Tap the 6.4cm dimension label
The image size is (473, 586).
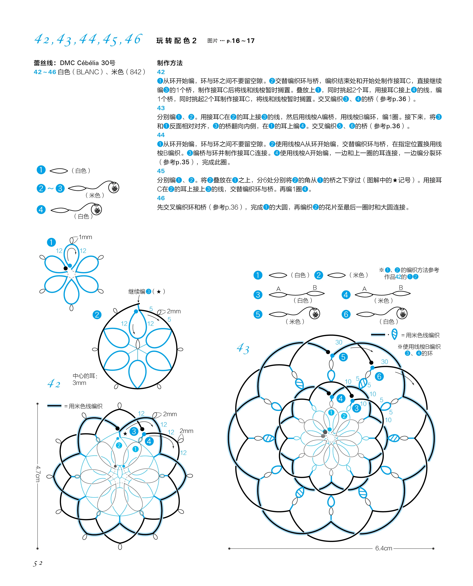[383, 548]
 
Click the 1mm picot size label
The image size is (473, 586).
[85, 237]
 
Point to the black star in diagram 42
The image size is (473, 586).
[125, 433]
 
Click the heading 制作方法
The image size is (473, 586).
[170, 63]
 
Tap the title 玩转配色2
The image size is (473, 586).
[176, 41]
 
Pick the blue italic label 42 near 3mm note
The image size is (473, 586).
[54, 384]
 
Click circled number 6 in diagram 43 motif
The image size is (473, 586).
[379, 376]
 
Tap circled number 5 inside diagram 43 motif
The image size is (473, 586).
[343, 357]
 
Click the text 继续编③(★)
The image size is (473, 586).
[147, 292]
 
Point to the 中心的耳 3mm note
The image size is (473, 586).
[85, 379]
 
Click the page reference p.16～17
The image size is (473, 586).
[241, 41]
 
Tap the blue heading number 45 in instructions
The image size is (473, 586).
[161, 171]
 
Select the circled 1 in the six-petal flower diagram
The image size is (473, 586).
[51, 242]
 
